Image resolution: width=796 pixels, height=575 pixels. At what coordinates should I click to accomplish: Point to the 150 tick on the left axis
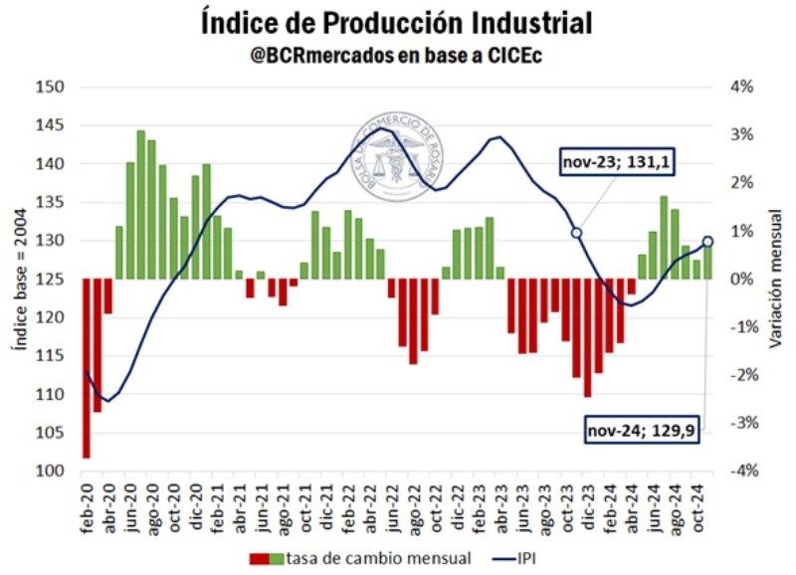[x=49, y=88]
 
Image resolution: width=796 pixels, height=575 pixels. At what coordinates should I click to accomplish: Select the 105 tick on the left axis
[x=49, y=433]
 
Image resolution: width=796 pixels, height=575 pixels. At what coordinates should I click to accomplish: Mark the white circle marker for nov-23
[x=575, y=232]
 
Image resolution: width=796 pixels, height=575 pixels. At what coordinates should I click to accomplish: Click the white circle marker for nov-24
[x=707, y=241]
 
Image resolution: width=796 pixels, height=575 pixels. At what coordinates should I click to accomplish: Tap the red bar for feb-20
[x=87, y=368]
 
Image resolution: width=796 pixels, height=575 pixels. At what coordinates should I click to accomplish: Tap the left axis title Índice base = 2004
[x=17, y=280]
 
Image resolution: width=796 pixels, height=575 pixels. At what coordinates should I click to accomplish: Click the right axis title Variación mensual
[x=776, y=280]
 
